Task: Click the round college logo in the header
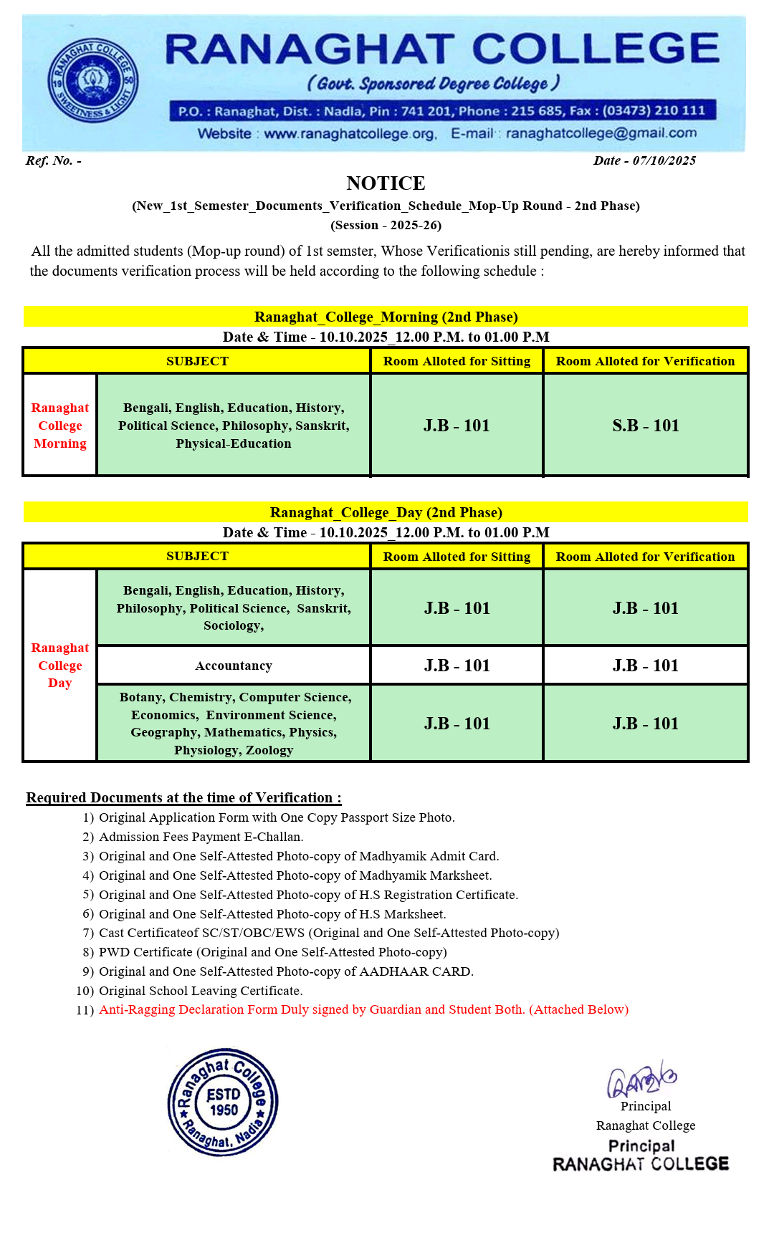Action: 93,80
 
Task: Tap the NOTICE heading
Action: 386,183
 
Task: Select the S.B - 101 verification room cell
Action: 645,426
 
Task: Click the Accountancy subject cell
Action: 234,666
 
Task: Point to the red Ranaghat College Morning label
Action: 60,426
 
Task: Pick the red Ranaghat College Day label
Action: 60,666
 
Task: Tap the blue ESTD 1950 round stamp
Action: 223,1102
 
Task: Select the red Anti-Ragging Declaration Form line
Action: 363,1009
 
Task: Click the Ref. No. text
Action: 53,160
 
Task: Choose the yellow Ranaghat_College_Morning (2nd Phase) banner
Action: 386,317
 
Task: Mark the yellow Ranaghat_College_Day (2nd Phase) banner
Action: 386,512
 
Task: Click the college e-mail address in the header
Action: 601,133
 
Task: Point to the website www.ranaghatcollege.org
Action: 350,134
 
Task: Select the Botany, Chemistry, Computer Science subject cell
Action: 234,724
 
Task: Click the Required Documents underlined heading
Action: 183,797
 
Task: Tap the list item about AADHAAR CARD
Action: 286,971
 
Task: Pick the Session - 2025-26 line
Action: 386,225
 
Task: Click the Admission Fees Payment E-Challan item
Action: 201,837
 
